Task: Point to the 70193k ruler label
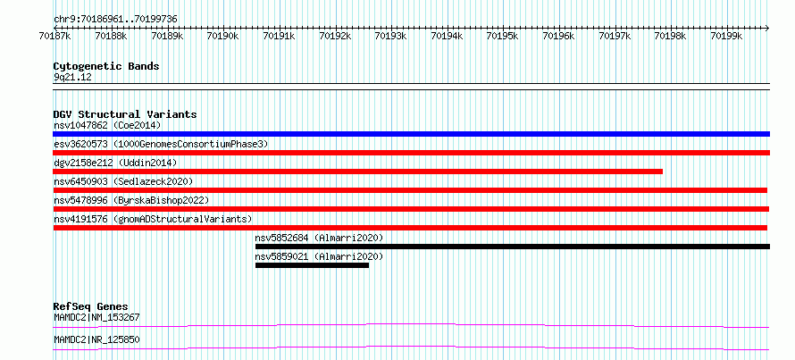click(x=389, y=36)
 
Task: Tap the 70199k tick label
click(x=725, y=36)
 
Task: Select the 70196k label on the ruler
click(x=557, y=36)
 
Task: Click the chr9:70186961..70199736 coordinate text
click(x=115, y=20)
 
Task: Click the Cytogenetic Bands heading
click(x=106, y=66)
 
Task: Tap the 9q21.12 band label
click(x=72, y=78)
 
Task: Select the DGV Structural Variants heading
click(x=125, y=114)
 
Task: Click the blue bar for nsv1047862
click(x=411, y=134)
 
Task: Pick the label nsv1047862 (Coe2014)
click(x=107, y=125)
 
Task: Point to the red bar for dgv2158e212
click(x=358, y=172)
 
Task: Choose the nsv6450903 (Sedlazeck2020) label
click(x=123, y=181)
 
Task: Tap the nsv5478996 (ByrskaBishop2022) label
click(x=131, y=200)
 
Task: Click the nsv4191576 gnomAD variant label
click(x=153, y=219)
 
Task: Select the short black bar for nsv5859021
click(x=312, y=265)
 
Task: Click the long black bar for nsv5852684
click(x=513, y=247)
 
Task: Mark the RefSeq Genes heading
click(x=90, y=306)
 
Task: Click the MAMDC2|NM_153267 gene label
click(x=96, y=318)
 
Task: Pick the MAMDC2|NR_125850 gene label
click(x=96, y=339)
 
